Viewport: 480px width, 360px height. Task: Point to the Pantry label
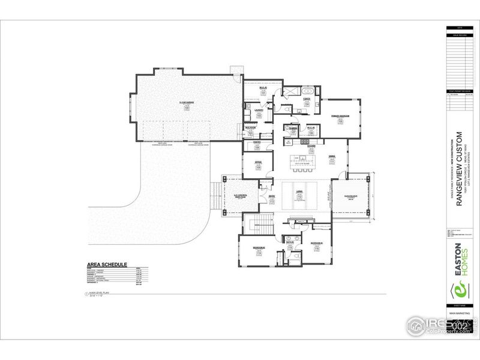tap(256, 143)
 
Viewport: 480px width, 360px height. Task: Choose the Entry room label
tap(271, 197)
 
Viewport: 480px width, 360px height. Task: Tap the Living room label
tap(298, 193)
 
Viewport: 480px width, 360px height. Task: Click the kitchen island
tap(302, 160)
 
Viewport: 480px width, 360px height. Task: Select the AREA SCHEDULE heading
tap(107, 264)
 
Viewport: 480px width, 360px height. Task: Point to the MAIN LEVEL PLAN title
tap(98, 292)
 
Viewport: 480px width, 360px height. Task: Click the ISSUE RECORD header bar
tap(460, 35)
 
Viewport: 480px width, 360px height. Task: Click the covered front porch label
tap(241, 196)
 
